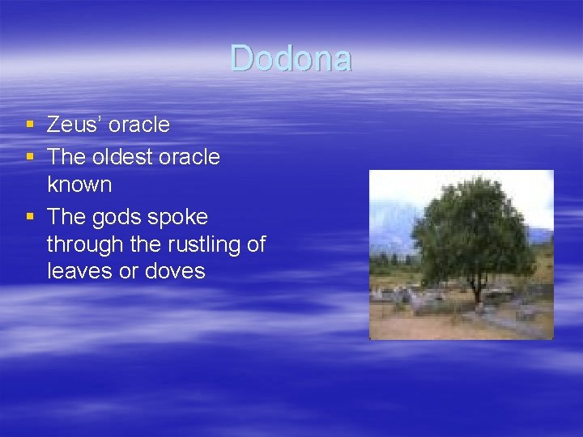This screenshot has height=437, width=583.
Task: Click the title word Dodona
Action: point(291,59)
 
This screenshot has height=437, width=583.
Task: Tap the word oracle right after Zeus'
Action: point(139,125)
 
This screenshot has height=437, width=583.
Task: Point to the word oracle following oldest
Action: point(189,156)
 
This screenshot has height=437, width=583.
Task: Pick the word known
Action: point(79,185)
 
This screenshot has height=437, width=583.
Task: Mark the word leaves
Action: point(80,271)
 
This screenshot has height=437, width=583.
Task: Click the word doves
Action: point(175,271)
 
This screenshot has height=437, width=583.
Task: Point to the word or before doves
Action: point(129,271)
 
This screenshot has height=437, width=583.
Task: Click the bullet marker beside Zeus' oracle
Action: point(30,125)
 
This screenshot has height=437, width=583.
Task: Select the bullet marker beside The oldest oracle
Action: point(30,156)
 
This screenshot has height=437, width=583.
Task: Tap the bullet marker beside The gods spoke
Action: point(30,217)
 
